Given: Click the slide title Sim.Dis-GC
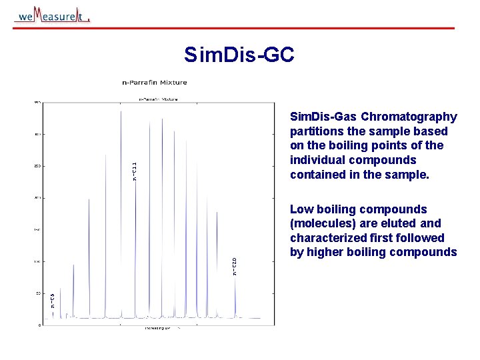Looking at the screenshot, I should coord(239,55).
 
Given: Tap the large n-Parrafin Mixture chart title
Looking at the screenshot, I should coord(155,83).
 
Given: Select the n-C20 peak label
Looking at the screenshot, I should coord(234,267).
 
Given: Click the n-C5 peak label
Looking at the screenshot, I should coord(53,301).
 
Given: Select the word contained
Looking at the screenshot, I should coord(315,175).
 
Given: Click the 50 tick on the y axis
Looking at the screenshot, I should coord(38,293).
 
